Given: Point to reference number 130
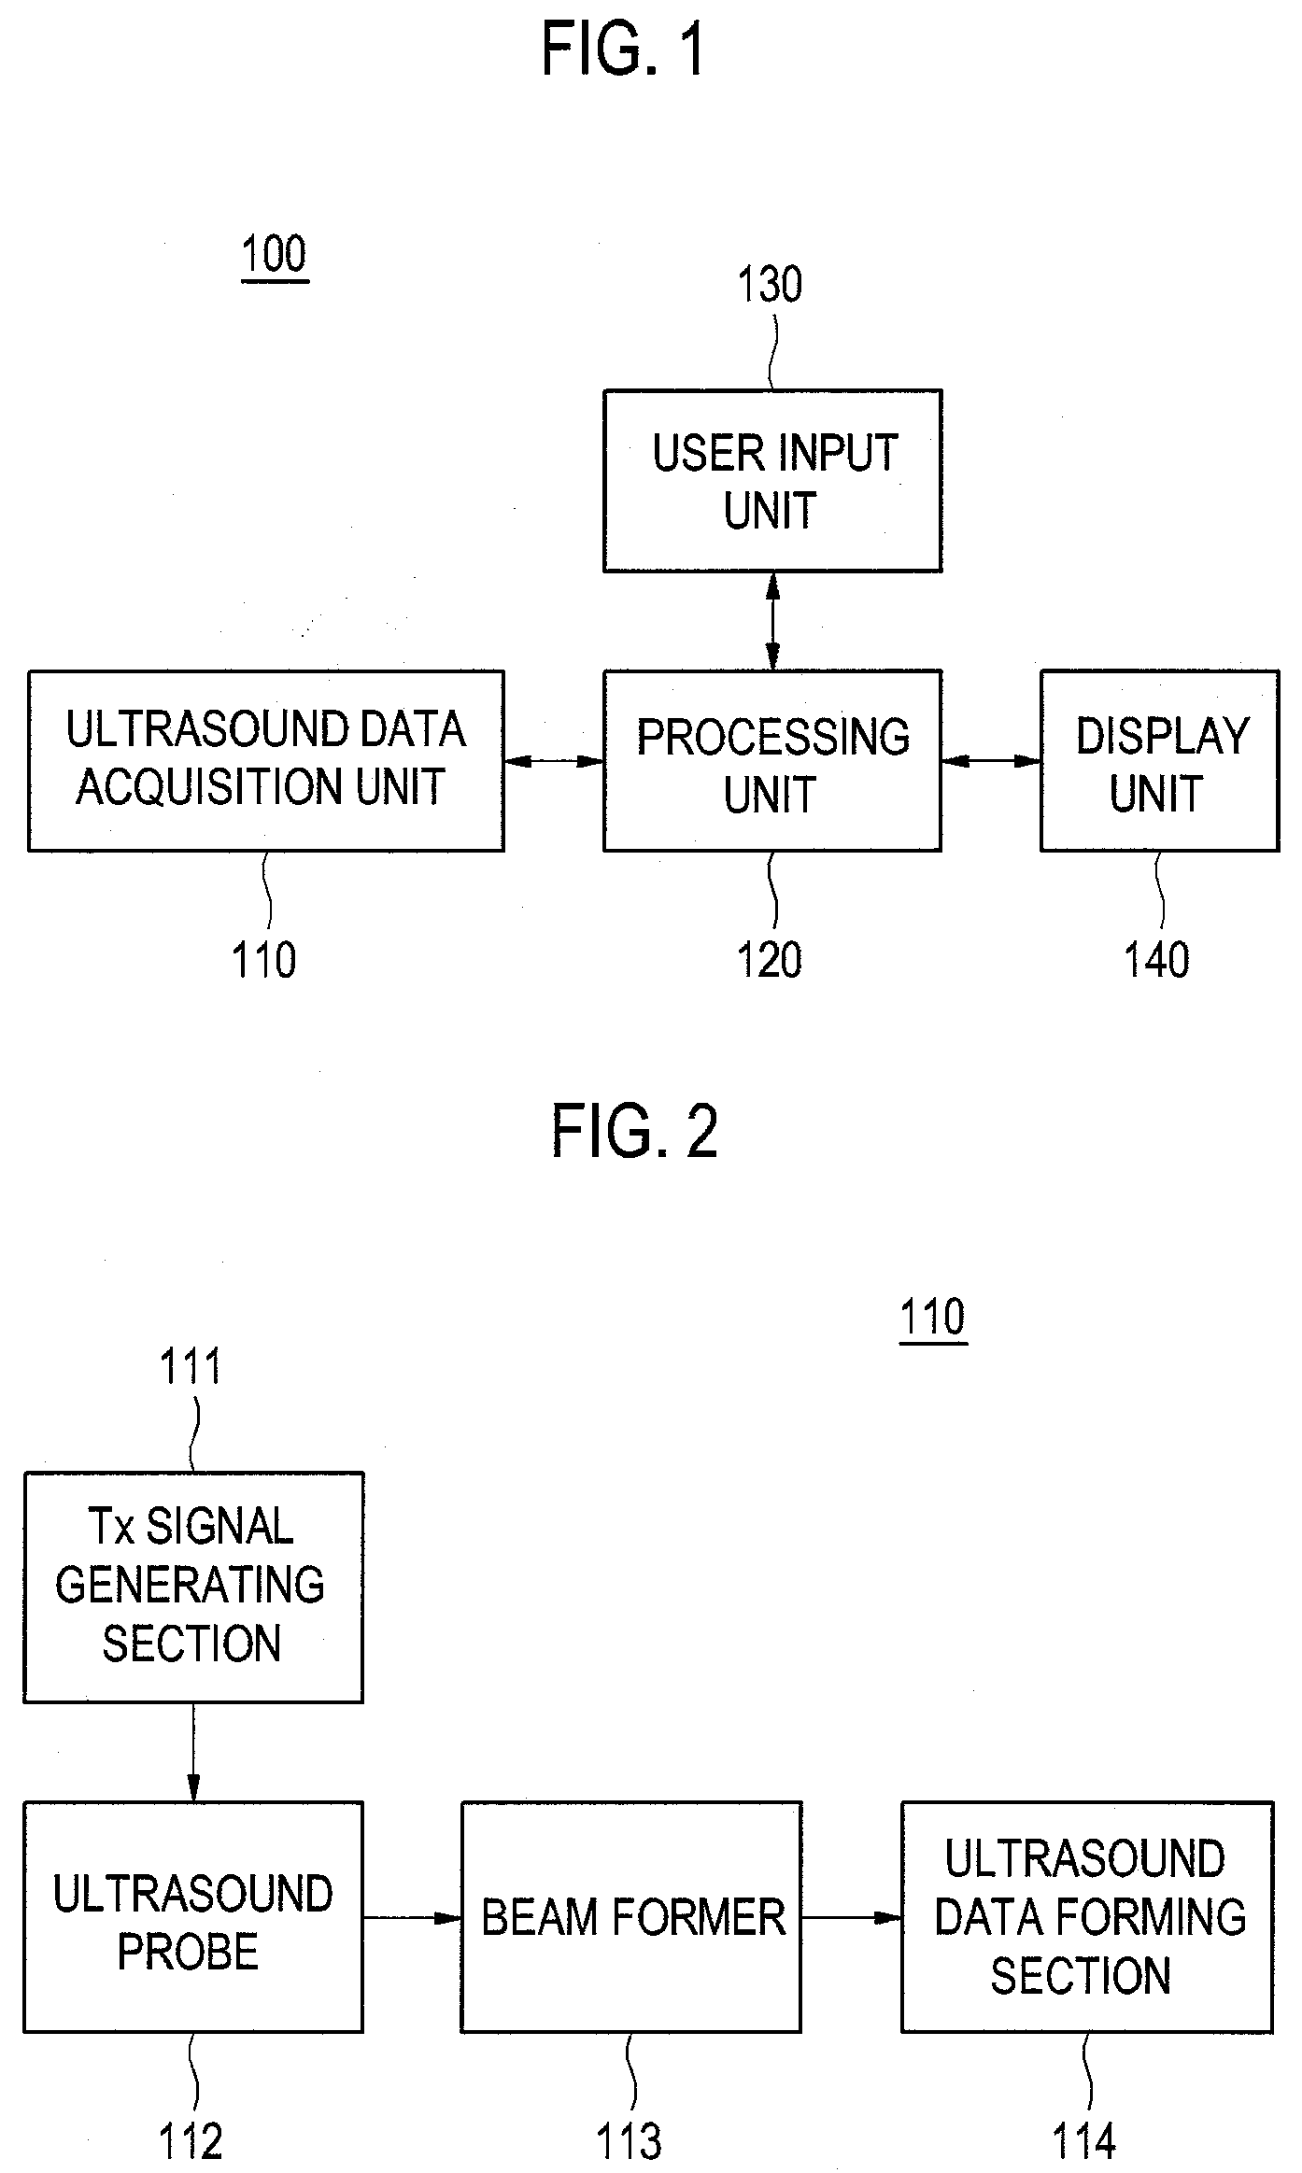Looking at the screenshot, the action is (770, 285).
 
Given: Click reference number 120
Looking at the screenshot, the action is (770, 960).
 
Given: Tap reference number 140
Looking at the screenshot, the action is (1157, 960).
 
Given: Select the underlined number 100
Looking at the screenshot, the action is (275, 255).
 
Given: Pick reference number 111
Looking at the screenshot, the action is (191, 1367).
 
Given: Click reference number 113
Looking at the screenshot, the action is (630, 2142).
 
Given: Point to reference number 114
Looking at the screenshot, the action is (1084, 2142).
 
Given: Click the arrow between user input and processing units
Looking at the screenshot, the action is (772, 621).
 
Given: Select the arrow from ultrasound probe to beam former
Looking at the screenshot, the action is (412, 1918).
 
